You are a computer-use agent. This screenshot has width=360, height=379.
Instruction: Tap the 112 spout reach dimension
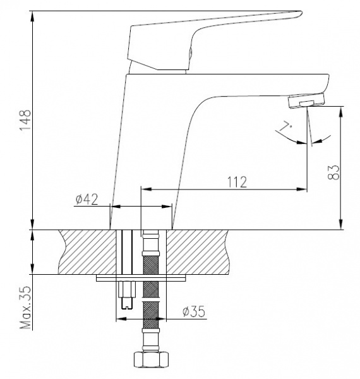tap(237, 183)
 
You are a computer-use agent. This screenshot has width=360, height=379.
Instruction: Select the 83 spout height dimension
tap(333, 172)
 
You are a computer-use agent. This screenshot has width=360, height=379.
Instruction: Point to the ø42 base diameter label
tap(87, 200)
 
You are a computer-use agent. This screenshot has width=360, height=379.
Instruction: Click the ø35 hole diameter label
tap(194, 311)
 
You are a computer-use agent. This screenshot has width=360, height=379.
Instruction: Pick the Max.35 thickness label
tap(26, 308)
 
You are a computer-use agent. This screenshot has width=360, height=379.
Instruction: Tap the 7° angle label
tap(285, 128)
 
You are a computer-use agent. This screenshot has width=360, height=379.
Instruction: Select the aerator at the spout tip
tap(306, 100)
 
